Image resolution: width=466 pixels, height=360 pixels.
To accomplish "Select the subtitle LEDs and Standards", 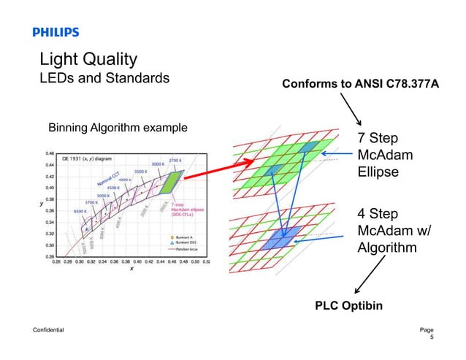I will pyautogui.click(x=104, y=77).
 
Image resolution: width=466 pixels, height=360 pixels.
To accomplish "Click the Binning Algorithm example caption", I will pyautogui.click(x=118, y=128).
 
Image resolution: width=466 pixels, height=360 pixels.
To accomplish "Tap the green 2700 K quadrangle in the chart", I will pyautogui.click(x=174, y=183).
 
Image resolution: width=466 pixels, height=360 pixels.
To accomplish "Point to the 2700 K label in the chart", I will pyautogui.click(x=175, y=159).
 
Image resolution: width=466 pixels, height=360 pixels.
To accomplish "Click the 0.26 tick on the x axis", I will pyautogui.click(x=57, y=261).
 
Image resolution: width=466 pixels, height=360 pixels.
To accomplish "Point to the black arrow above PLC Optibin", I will pyautogui.click(x=369, y=274).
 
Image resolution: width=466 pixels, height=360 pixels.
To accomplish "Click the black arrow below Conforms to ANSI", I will pyautogui.click(x=357, y=111).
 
